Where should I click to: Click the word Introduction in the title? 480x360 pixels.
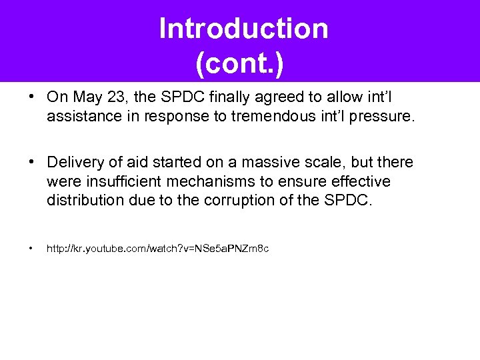pos(243,29)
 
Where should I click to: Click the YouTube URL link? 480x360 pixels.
pos(157,249)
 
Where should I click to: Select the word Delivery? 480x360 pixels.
pos(73,163)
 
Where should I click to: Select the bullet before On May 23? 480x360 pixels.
pos(31,97)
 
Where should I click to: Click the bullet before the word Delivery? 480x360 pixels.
pos(31,163)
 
